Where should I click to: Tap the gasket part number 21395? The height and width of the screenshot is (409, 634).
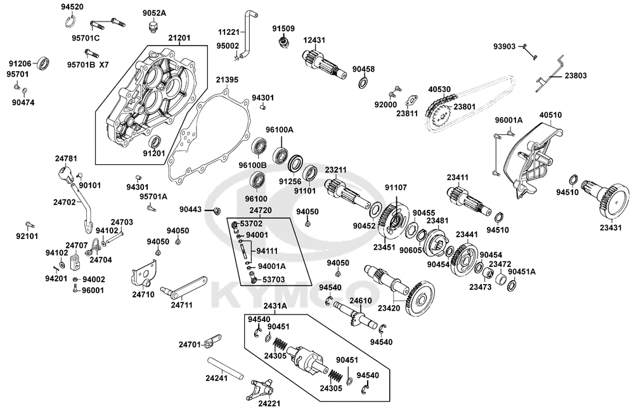tap(226, 81)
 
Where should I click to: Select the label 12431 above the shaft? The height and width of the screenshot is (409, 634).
tap(314, 40)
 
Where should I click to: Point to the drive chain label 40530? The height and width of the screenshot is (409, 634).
tap(439, 90)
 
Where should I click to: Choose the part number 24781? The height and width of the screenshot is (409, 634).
tap(65, 159)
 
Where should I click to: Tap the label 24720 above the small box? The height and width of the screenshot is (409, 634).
tap(261, 210)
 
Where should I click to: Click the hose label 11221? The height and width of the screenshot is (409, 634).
tap(230, 32)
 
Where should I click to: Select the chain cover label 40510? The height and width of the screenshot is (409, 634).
tap(550, 115)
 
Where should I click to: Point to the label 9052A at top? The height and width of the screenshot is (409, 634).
tap(154, 13)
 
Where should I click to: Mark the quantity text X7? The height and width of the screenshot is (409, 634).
tap(104, 65)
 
